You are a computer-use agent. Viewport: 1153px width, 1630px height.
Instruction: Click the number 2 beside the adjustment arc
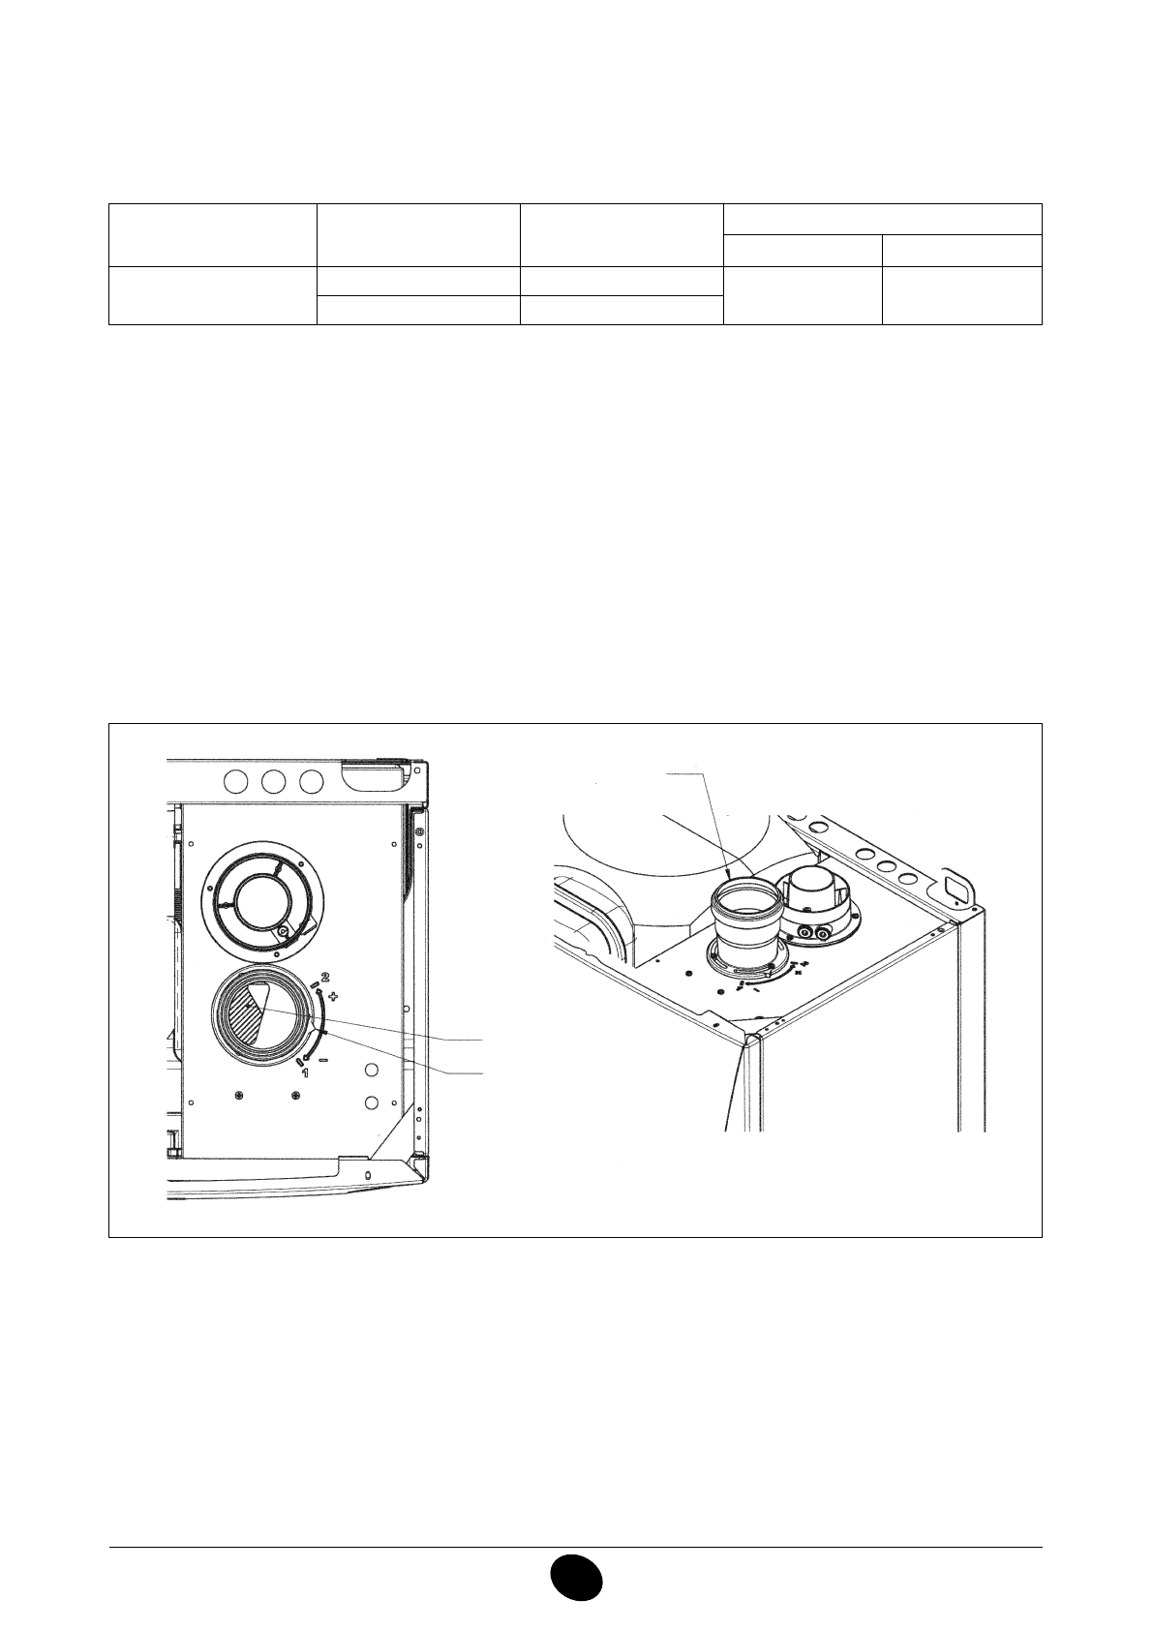[325, 976]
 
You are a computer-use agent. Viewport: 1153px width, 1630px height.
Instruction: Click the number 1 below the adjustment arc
[305, 1072]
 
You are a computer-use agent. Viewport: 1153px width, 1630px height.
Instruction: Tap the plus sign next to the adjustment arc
[334, 995]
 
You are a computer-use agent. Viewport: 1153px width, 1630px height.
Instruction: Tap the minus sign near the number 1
[322, 1060]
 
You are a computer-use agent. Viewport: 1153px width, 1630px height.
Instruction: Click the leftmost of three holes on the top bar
[235, 781]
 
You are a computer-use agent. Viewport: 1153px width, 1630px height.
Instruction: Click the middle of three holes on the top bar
[273, 781]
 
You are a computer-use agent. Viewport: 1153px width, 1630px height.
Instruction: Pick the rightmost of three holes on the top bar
[311, 781]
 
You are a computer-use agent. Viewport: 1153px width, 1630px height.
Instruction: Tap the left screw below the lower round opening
[239, 1094]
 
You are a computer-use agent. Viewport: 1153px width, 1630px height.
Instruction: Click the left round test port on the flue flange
[805, 933]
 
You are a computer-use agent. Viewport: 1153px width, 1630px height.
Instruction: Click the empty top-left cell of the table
[213, 234]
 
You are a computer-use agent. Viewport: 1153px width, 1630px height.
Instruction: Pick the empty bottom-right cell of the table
[961, 294]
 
